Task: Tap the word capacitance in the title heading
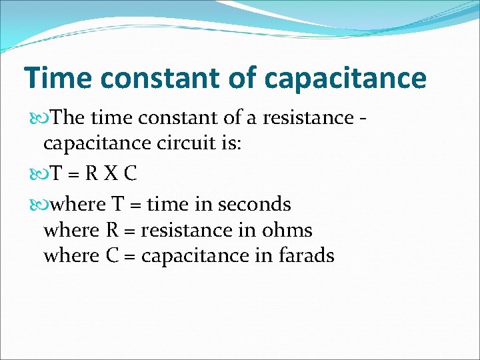345,78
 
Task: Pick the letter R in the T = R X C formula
91,174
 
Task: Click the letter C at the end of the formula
130,174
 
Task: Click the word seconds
253,203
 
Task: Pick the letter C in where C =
113,255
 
